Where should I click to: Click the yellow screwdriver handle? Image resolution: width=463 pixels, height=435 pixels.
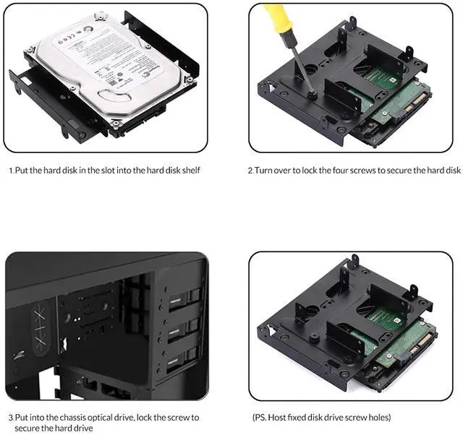(278, 18)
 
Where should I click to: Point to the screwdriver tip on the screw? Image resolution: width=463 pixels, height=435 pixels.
(311, 92)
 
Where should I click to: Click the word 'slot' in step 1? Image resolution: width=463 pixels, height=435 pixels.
(103, 171)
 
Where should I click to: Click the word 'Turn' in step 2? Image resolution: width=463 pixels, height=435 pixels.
(264, 171)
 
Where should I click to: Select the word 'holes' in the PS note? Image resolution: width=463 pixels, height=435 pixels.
(377, 418)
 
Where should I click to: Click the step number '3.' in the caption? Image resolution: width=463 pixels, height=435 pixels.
(10, 418)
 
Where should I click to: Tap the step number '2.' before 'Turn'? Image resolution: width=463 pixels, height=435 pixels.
(250, 171)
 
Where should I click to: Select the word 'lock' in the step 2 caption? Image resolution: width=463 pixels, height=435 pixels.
(308, 171)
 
